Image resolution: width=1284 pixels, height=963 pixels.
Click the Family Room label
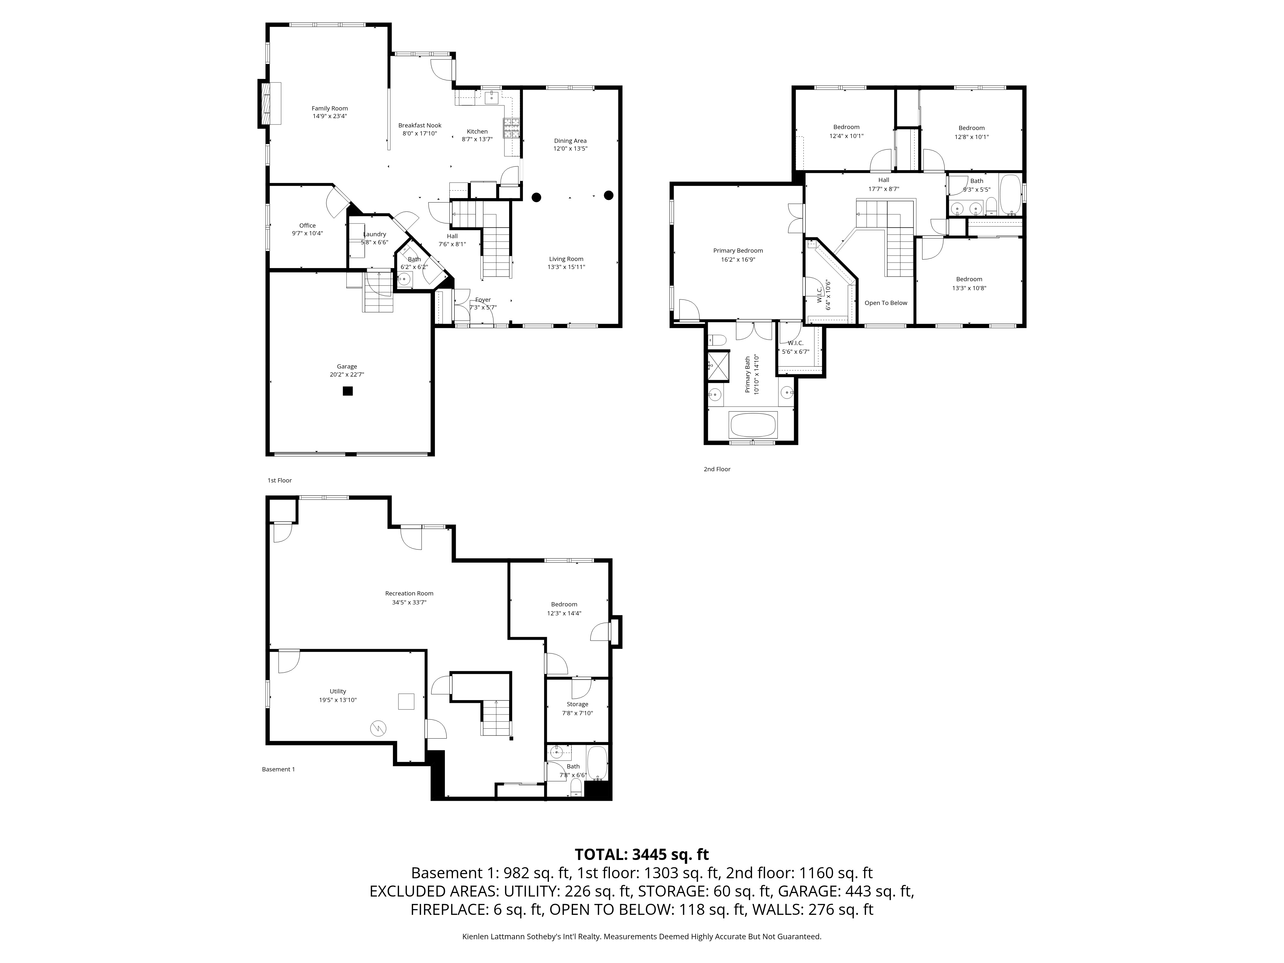[330, 108]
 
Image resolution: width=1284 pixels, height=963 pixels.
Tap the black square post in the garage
[348, 391]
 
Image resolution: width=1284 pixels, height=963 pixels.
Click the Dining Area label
[570, 141]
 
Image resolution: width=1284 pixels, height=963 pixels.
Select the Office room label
[308, 226]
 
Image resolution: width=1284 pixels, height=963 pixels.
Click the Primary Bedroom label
[738, 251]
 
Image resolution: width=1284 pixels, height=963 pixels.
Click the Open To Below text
[886, 303]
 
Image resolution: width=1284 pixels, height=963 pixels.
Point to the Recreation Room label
[409, 593]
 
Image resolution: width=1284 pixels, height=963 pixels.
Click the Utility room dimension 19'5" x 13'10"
[338, 700]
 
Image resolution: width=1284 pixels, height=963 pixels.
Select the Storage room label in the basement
[577, 704]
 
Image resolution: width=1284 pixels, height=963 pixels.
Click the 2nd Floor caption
[717, 469]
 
